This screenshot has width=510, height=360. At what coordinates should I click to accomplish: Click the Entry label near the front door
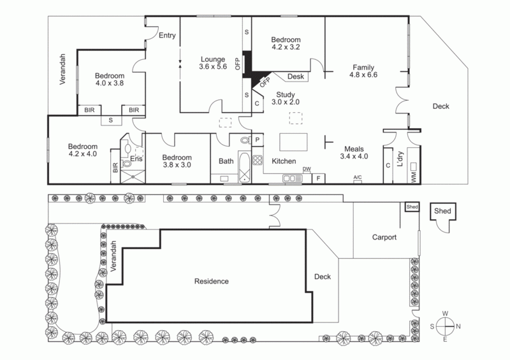pyautogui.click(x=167, y=36)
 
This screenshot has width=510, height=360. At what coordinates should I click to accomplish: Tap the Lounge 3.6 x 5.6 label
pyautogui.click(x=213, y=62)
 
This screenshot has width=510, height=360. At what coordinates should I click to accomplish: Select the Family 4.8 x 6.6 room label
pyautogui.click(x=364, y=71)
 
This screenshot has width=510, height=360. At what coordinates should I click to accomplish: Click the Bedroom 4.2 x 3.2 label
pyautogui.click(x=286, y=42)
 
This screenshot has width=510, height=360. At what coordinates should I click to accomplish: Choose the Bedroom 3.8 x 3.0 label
pyautogui.click(x=177, y=161)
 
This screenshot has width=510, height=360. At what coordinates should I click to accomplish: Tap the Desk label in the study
pyautogui.click(x=295, y=76)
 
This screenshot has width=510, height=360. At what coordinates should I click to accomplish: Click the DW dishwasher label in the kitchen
pyautogui.click(x=307, y=169)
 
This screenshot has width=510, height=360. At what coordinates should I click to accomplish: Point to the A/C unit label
pyautogui.click(x=358, y=178)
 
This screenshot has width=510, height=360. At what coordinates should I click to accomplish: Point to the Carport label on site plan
pyautogui.click(x=384, y=237)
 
